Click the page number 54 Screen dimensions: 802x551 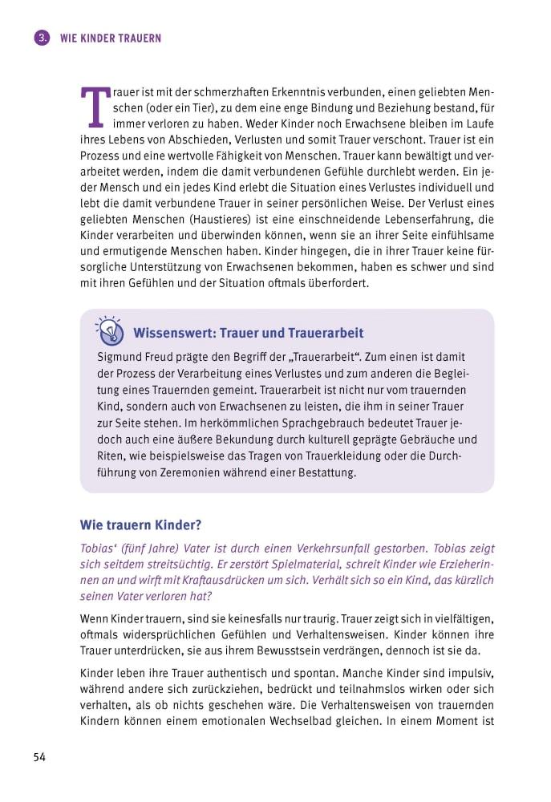pos(39,758)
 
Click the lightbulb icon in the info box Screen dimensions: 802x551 pos(109,330)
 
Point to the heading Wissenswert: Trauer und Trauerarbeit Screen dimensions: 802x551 pos(248,333)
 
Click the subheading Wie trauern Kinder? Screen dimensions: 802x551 pos(140,525)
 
